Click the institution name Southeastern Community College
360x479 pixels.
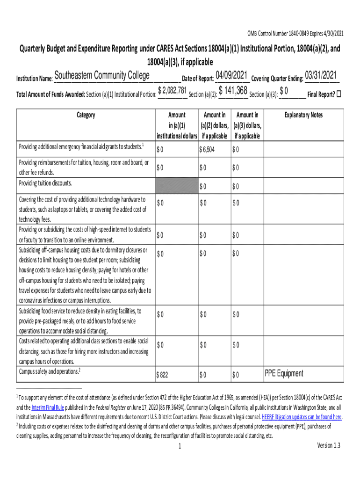(x=102, y=76)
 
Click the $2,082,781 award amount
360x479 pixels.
(x=173, y=90)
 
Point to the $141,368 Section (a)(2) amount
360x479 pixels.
(x=233, y=90)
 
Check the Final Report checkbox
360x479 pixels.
(x=339, y=93)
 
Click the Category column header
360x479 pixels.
(x=86, y=115)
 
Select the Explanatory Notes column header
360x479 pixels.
(x=304, y=115)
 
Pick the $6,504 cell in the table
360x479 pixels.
(x=207, y=150)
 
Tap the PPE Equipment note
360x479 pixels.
(x=284, y=373)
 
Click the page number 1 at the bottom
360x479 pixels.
(x=180, y=447)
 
